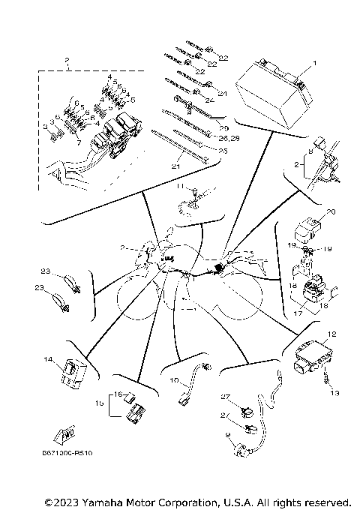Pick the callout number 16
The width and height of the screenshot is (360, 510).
pyautogui.click(x=117, y=393)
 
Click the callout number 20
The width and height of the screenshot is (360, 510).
pyautogui.click(x=331, y=212)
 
